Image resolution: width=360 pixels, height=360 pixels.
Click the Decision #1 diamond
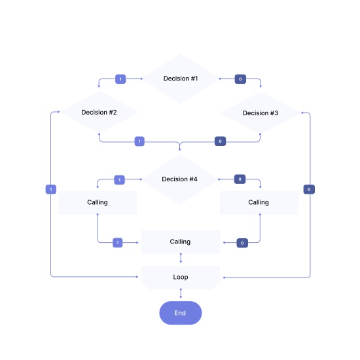[x=180, y=79]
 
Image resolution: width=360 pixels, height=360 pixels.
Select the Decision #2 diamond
[x=99, y=113]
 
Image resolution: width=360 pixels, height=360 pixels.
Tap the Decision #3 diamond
[x=261, y=113]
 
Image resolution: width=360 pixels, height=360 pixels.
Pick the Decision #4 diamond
[x=180, y=179]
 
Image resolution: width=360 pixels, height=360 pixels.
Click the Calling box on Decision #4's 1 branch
[x=98, y=202]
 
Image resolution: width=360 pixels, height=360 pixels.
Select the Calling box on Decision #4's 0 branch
[x=259, y=202]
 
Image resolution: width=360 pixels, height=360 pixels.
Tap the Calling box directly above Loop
[x=180, y=242]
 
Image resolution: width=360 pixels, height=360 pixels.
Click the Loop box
[x=180, y=277]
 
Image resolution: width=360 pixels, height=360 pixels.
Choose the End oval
[x=180, y=313]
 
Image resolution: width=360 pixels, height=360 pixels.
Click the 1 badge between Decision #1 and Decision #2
[x=120, y=79]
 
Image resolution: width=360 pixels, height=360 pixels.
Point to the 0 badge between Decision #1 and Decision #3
[x=240, y=79]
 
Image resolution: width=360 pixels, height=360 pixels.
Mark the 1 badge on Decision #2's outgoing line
[x=139, y=141]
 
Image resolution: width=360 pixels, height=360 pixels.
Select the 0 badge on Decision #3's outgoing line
[x=221, y=141]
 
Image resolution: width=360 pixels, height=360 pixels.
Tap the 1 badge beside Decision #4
[x=118, y=179]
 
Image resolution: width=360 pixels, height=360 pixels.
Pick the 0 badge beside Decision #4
[x=240, y=179]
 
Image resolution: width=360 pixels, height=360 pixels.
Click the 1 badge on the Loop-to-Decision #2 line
[x=50, y=189]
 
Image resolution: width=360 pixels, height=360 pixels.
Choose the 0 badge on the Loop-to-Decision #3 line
[x=309, y=189]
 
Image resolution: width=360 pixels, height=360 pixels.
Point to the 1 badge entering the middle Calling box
[x=118, y=242]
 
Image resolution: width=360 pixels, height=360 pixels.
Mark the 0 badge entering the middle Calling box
[x=242, y=242]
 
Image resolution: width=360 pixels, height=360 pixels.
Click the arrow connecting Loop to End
[x=180, y=294]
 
